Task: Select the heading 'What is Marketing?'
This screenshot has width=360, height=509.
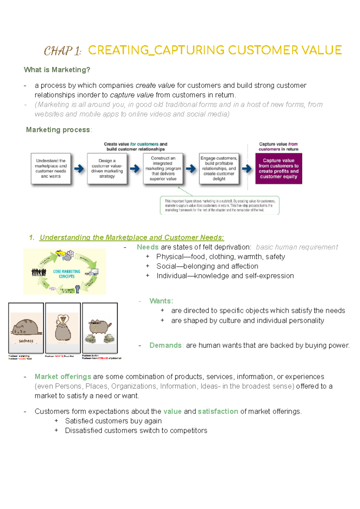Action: [57, 70]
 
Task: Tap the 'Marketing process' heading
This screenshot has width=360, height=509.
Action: [58, 130]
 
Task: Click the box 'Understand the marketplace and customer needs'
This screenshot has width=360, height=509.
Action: [51, 169]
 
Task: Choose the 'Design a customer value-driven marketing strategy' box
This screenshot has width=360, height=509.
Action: [107, 169]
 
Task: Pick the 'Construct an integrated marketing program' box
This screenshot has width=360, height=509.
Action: [163, 169]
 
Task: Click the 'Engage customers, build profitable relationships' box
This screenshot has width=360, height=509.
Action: [219, 169]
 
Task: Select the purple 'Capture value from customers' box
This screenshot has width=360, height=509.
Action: [279, 169]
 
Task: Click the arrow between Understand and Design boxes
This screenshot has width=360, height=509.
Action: [79, 169]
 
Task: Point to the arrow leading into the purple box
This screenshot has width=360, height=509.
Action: [247, 169]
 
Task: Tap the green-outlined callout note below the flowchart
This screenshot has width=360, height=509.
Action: [220, 205]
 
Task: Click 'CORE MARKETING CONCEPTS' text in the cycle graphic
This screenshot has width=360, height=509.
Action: [67, 274]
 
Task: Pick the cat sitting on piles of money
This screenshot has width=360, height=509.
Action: [100, 330]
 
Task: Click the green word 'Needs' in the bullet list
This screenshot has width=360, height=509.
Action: [148, 247]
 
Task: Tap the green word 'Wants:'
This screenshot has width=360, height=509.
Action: [161, 301]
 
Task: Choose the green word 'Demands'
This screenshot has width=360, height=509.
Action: [165, 346]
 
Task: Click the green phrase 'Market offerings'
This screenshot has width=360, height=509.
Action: [63, 377]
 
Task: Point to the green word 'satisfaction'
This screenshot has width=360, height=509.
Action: [218, 412]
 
